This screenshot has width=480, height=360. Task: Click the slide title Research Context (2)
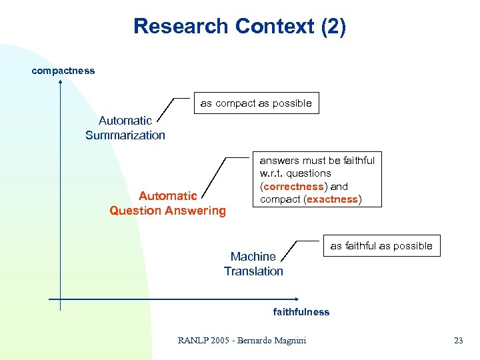point(239,27)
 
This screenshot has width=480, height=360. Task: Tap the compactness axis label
point(63,71)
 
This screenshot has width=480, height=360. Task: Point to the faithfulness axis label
point(301,312)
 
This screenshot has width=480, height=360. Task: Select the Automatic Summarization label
point(125,128)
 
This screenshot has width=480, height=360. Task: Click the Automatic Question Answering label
point(168,203)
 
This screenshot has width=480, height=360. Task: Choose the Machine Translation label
point(253,264)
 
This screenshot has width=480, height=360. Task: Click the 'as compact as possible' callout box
point(256,103)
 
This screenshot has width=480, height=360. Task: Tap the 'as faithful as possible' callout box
point(381,246)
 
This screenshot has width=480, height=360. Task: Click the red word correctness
point(293,187)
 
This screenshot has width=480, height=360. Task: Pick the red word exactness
point(332,199)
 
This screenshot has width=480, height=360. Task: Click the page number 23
point(458,341)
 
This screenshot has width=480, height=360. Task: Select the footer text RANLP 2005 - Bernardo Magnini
point(242,341)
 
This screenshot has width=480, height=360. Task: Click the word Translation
point(253,271)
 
